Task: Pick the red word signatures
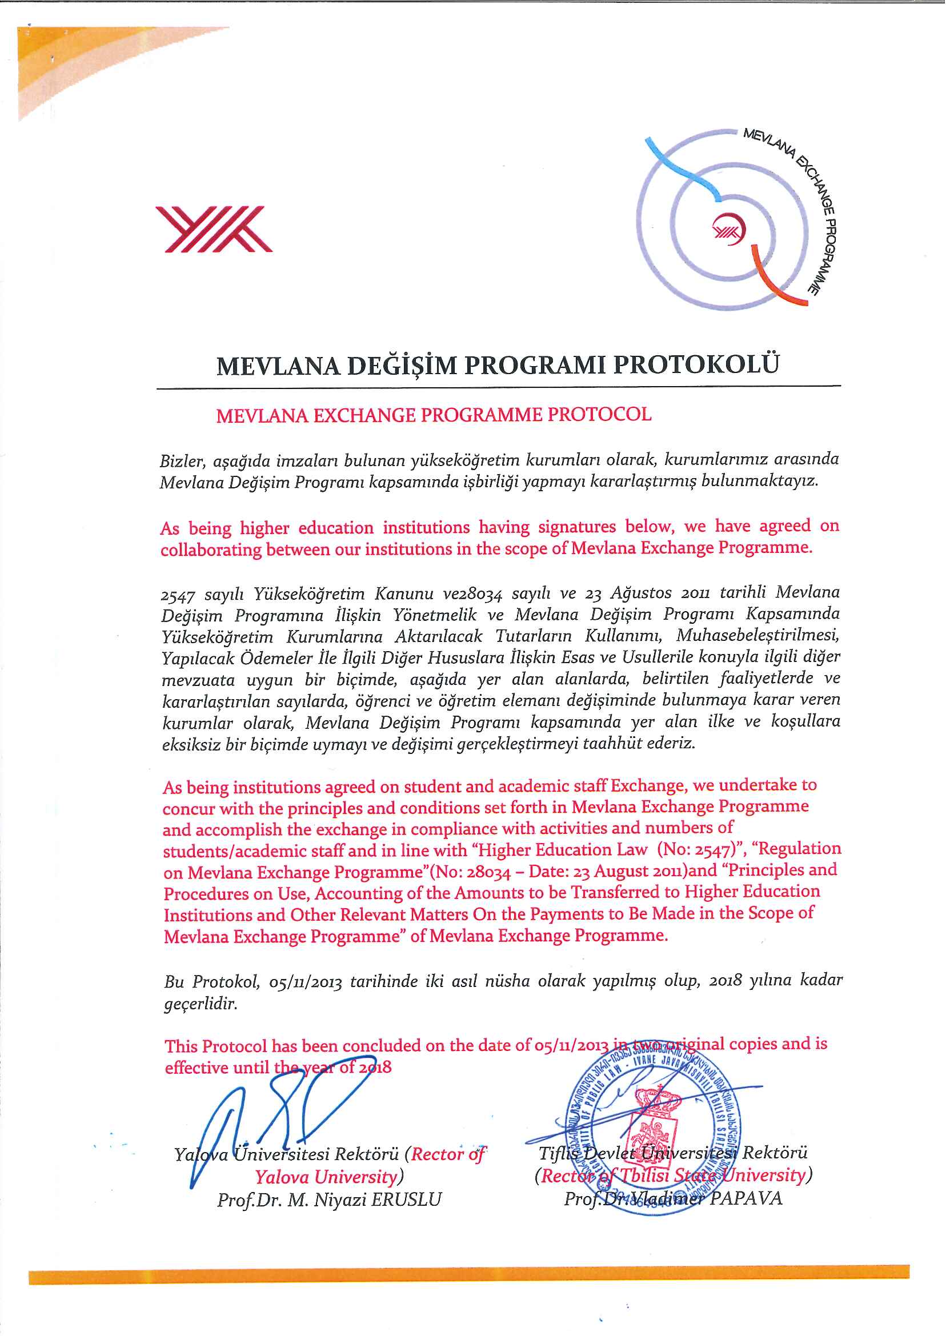(577, 527)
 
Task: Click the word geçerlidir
(201, 1004)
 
